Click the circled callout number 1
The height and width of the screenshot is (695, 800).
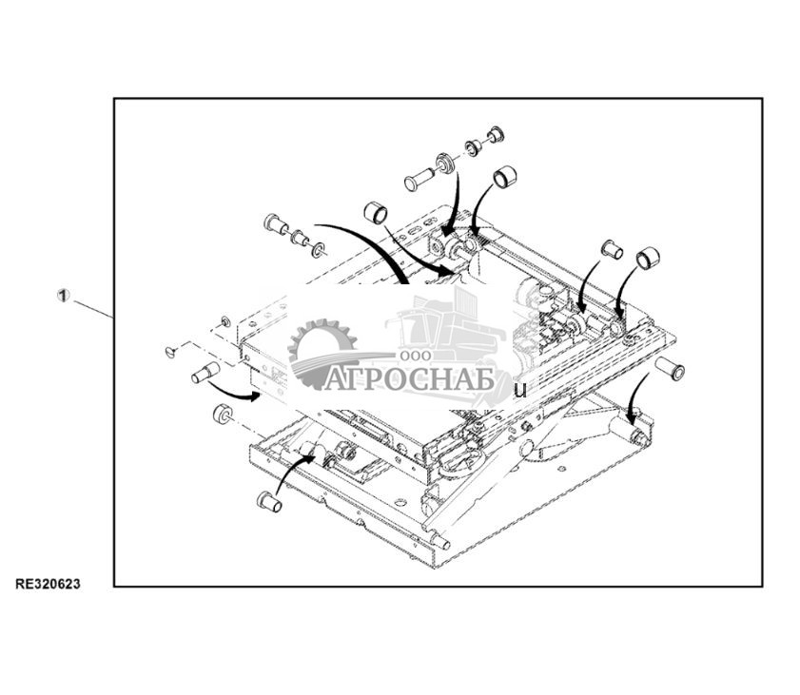[x=63, y=296]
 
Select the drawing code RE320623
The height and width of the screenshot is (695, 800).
[x=48, y=585]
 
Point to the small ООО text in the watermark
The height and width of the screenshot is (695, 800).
[x=416, y=356]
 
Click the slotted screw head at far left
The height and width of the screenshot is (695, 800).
[x=172, y=352]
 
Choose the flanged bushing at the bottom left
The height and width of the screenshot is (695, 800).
[x=269, y=501]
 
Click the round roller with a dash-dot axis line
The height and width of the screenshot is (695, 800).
[x=223, y=414]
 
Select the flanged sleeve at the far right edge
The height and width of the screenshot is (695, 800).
[x=670, y=368]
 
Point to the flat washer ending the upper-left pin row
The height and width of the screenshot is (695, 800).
[x=320, y=249]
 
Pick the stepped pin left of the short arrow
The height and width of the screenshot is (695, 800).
[x=205, y=373]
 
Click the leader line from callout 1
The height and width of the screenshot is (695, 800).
[x=94, y=309]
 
